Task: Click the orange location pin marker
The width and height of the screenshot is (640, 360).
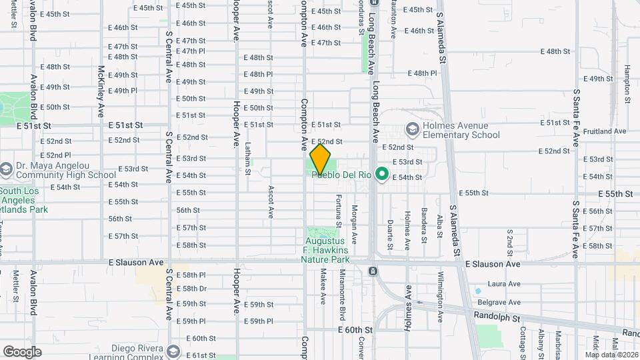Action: (321, 159)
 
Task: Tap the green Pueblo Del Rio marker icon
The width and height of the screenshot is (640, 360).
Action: (382, 175)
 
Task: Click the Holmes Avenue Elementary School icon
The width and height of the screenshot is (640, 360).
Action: (412, 129)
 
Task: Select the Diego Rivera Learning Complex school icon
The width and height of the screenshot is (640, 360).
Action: (173, 351)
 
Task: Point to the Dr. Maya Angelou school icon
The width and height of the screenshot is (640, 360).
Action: (7, 169)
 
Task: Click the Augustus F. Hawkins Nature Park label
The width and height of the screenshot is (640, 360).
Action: (325, 250)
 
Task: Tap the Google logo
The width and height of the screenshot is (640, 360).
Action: (22, 351)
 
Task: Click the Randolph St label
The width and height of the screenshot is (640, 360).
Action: (497, 317)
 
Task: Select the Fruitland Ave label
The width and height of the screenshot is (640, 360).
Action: (604, 131)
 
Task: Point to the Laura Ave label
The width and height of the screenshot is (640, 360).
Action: (503, 283)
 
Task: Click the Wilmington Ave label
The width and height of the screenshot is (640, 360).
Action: (441, 291)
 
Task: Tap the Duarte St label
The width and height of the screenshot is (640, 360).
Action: (390, 231)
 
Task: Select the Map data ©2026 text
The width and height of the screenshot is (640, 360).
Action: (611, 355)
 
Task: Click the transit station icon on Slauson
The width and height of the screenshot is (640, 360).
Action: (372, 271)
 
